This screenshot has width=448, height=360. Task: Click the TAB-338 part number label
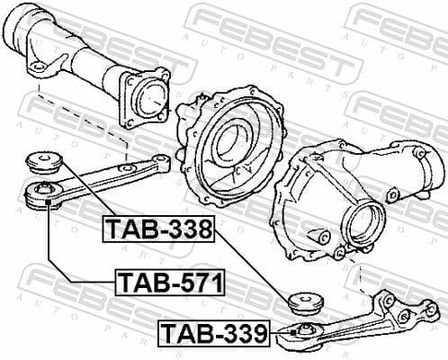click(157, 229)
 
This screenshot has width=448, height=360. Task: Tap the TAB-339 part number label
click(214, 335)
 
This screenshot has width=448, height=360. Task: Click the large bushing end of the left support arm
click(41, 193)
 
